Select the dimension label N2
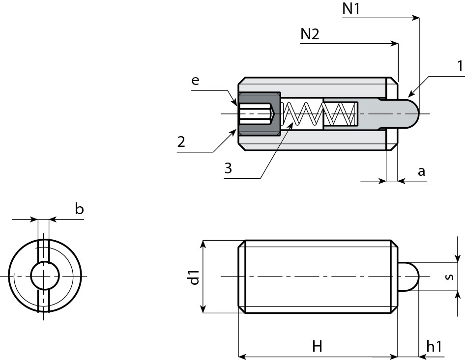tap(310, 34)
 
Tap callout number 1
tap(460, 66)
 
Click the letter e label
tap(195, 80)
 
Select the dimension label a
tap(421, 171)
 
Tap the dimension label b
tap(79, 209)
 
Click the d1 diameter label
tap(194, 277)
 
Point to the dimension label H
tap(317, 346)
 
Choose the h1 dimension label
tap(435, 346)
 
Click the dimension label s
tap(450, 277)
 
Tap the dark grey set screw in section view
tap(260, 114)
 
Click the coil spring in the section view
tap(319, 114)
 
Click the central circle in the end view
tap(45, 276)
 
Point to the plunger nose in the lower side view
tap(408, 277)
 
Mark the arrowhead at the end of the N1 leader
tap(417, 18)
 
